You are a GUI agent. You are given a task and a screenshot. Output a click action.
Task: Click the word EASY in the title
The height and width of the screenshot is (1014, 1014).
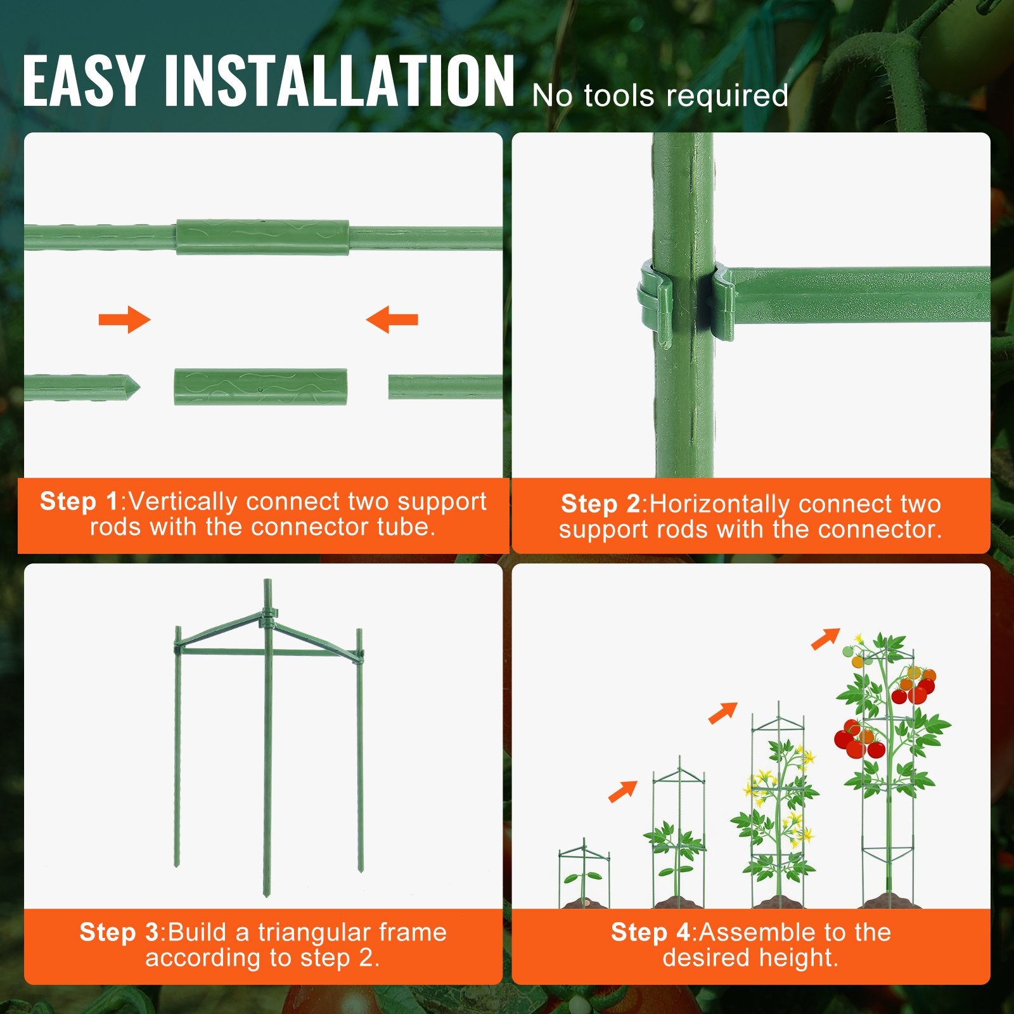tap(82, 80)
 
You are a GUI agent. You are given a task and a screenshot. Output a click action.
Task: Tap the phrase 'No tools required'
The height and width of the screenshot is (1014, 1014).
tap(660, 96)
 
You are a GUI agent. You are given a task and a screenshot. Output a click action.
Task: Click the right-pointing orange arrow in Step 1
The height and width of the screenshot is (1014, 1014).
tap(125, 319)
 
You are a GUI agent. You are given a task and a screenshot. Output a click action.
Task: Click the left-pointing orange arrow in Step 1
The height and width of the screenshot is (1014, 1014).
tap(392, 319)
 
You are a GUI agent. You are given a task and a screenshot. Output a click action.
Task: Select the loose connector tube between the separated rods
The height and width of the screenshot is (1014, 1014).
tap(260, 387)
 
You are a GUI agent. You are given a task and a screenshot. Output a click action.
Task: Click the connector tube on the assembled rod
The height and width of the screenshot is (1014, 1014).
tap(262, 237)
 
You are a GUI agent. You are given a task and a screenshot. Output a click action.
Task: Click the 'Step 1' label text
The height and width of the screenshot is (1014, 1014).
tap(79, 502)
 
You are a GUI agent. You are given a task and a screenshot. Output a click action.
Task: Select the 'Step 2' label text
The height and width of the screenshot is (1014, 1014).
tap(600, 504)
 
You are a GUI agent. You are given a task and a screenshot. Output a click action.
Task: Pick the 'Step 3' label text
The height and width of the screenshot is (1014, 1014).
tap(119, 933)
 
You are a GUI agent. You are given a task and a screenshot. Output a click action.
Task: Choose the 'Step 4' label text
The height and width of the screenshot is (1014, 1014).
tap(650, 933)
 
